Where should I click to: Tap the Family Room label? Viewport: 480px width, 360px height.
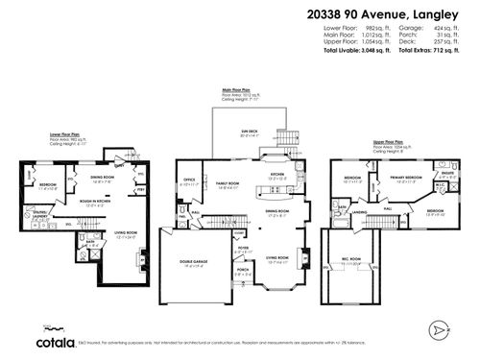228,182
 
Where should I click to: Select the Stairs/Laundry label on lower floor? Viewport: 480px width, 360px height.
41,214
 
